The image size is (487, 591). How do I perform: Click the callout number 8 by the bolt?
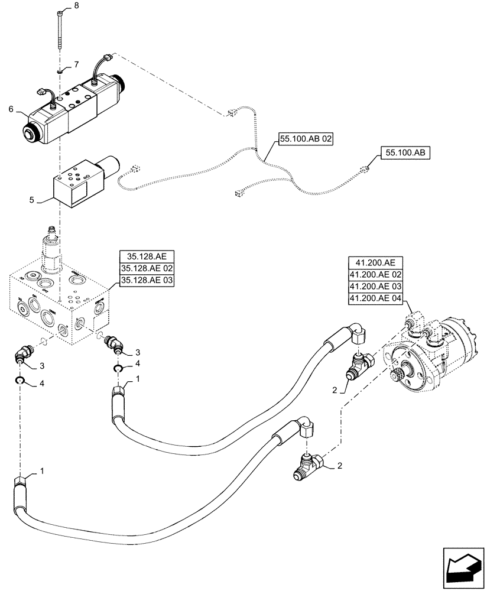click(75, 6)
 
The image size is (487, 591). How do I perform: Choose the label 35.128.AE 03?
click(147, 281)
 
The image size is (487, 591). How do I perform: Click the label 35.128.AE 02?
click(147, 269)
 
